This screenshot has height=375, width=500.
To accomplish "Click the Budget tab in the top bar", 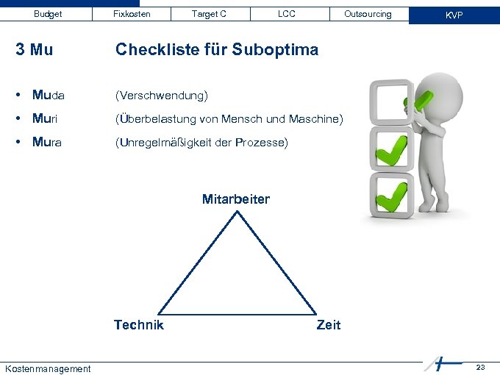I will (x=49, y=14).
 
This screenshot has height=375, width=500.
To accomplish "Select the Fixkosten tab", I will (x=132, y=14).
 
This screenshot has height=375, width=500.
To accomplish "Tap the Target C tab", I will (x=209, y=14).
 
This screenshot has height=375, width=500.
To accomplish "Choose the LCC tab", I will (x=286, y=14).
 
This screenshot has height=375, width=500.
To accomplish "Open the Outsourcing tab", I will (x=368, y=14).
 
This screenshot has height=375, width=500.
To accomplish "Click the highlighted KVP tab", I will (x=454, y=15).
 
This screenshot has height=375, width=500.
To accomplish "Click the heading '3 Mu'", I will (x=34, y=50).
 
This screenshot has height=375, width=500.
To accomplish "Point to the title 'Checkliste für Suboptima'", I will (x=217, y=50).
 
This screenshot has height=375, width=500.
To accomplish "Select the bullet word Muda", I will (x=49, y=96).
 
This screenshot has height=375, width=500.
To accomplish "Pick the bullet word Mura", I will (x=48, y=142).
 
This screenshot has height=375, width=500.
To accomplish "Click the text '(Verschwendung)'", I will (x=162, y=96).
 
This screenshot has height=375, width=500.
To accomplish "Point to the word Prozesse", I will (x=262, y=142).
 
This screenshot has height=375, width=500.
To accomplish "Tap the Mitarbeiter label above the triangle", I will (x=236, y=199).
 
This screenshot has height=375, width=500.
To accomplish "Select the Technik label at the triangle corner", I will (x=139, y=324).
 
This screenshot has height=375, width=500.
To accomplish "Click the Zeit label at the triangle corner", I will (x=328, y=325).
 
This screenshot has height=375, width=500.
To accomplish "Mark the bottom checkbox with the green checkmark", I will (x=390, y=196).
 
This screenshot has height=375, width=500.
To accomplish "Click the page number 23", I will (x=480, y=366).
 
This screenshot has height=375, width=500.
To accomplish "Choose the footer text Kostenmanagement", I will (x=48, y=368).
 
